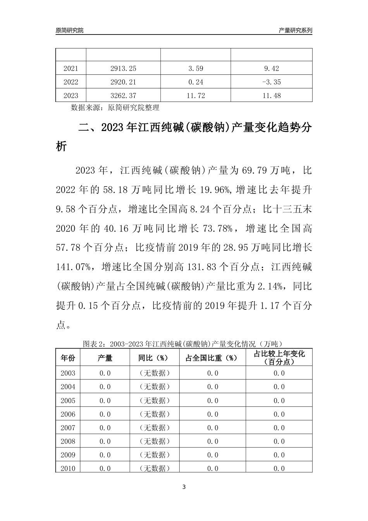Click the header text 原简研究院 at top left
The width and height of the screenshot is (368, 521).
coord(70,30)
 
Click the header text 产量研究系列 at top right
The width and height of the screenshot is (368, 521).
coord(296,30)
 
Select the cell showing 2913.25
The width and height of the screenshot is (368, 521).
coord(123,69)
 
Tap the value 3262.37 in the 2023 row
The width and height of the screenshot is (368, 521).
coord(123,95)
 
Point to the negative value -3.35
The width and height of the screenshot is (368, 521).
coord(271,82)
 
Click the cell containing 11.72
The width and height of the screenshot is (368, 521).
coord(196,95)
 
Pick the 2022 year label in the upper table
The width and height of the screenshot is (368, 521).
coord(71,82)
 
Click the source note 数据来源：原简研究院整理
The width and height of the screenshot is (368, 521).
coord(115,107)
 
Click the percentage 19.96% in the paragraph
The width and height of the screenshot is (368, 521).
coord(215,190)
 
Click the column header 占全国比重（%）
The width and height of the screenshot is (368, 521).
coord(212,357)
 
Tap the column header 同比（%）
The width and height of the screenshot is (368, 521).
coord(155,357)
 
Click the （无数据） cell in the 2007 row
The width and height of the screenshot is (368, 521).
coord(155,428)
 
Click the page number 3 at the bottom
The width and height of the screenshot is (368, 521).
coord(184,487)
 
